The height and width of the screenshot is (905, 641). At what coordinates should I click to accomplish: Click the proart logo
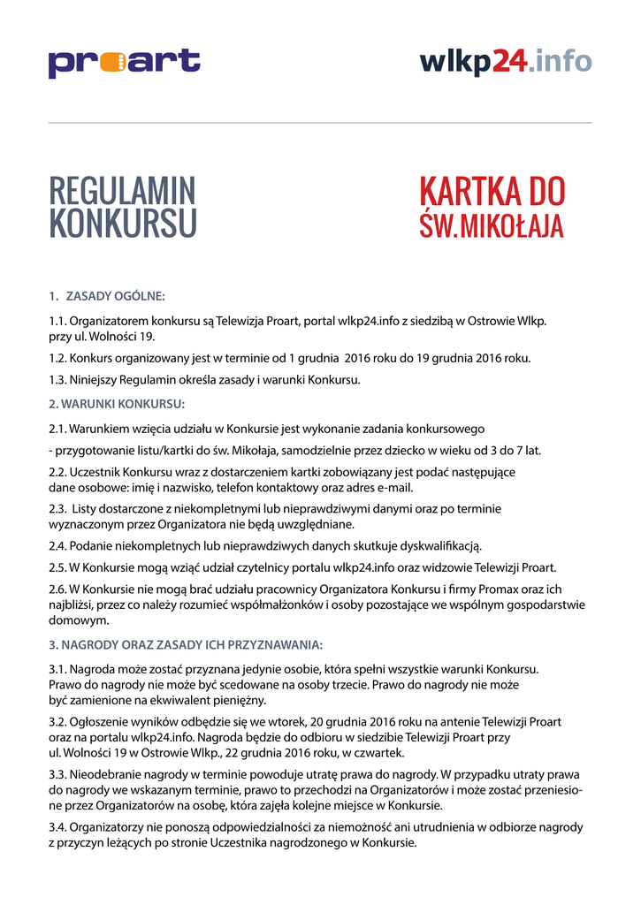click(124, 63)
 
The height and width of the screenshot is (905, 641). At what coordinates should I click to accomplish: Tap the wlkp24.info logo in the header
click(506, 61)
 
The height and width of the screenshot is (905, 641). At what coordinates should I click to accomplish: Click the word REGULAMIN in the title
click(122, 192)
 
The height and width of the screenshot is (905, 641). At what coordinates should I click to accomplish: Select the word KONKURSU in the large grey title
click(122, 224)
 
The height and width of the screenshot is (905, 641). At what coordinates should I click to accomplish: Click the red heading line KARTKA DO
click(492, 192)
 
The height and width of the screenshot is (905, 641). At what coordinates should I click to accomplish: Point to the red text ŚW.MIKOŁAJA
click(492, 224)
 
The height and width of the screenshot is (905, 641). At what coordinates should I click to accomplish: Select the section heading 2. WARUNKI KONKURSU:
click(117, 404)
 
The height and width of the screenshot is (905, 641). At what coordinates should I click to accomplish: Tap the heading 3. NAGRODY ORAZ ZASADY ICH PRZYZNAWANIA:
click(186, 643)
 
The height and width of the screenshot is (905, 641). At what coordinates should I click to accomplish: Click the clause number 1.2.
click(57, 359)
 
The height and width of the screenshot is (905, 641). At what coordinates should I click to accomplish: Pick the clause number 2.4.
click(57, 545)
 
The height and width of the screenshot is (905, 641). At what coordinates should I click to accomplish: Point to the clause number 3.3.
click(57, 775)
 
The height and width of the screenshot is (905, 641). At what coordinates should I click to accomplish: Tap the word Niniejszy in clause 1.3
click(95, 380)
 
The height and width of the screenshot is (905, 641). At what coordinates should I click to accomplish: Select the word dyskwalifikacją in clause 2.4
click(439, 545)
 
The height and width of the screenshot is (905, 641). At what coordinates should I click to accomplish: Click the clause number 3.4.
click(57, 828)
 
